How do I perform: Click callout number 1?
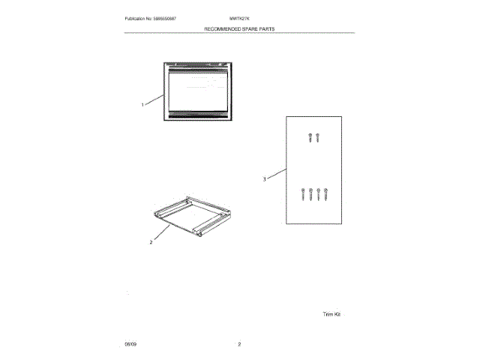(142, 105)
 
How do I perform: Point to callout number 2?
(151, 242)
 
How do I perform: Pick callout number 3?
(265, 179)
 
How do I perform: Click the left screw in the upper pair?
(310, 137)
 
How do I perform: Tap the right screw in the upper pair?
(318, 137)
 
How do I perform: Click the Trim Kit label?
(331, 314)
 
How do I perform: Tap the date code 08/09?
(130, 343)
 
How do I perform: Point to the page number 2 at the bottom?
(239, 343)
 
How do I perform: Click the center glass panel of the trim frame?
(198, 91)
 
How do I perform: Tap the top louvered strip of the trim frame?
(198, 69)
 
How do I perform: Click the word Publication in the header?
(138, 17)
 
